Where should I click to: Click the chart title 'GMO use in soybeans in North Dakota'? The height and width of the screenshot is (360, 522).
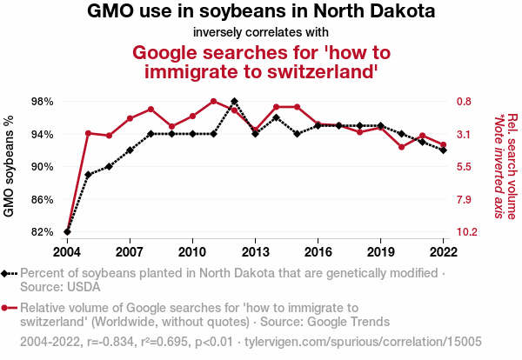pyautogui.click(x=261, y=13)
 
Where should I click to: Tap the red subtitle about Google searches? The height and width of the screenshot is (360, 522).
pyautogui.click(x=261, y=62)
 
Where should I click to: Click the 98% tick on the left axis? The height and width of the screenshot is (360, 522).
pyautogui.click(x=42, y=102)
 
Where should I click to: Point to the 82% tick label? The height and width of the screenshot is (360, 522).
pyautogui.click(x=42, y=232)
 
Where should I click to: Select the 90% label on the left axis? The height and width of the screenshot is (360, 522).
pyautogui.click(x=42, y=167)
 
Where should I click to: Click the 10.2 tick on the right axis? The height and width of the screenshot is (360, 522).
pyautogui.click(x=467, y=232)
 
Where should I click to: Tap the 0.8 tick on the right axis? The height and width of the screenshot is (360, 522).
pyautogui.click(x=464, y=102)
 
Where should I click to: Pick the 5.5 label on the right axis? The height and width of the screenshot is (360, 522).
pyautogui.click(x=464, y=167)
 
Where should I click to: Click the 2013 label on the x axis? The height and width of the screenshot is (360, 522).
pyautogui.click(x=255, y=252)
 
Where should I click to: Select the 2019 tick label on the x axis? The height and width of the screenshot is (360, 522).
pyautogui.click(x=381, y=252)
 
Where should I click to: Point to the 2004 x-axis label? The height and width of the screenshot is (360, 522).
pyautogui.click(x=67, y=252)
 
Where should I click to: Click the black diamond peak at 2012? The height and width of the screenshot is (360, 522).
pyautogui.click(x=234, y=102)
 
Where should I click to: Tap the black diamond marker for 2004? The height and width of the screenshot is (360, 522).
pyautogui.click(x=67, y=232)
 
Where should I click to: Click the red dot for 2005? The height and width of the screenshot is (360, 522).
pyautogui.click(x=88, y=133)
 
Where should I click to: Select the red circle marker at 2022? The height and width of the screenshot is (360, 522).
pyautogui.click(x=444, y=145)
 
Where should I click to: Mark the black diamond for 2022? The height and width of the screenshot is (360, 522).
pyautogui.click(x=444, y=150)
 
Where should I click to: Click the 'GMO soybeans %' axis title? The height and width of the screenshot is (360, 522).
pyautogui.click(x=10, y=167)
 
